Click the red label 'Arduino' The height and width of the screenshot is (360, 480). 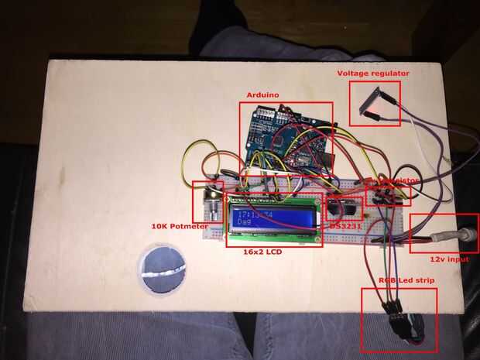[262, 95]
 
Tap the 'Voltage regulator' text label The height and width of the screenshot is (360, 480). [373, 74]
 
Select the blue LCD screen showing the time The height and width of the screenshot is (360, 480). [273, 215]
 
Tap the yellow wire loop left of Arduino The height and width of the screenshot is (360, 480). [197, 159]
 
